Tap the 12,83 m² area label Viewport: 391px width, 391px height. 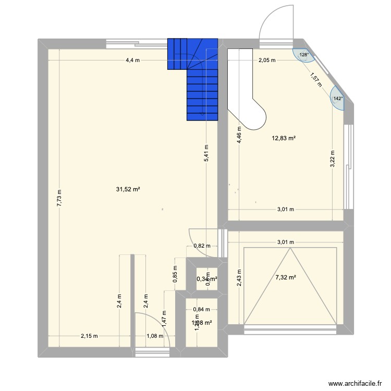[x=284, y=138]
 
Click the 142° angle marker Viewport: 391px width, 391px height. [x=338, y=99]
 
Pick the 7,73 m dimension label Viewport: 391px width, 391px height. [x=59, y=198]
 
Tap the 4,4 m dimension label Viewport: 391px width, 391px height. [x=132, y=60]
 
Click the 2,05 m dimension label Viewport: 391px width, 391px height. [x=267, y=60]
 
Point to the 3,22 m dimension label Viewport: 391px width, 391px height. [x=333, y=159]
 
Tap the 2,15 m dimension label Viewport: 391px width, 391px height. [x=89, y=336]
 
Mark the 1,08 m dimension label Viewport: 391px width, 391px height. [x=155, y=336]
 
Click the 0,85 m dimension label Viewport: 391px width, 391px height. [x=175, y=273]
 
